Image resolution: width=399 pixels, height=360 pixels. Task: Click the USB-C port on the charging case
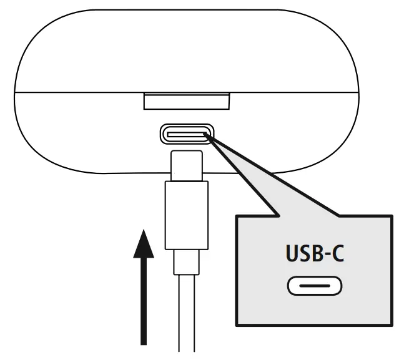187,134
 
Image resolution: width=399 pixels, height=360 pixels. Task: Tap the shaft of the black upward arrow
144,299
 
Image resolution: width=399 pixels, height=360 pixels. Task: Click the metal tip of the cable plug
187,163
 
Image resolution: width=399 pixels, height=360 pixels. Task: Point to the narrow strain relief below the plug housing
187,262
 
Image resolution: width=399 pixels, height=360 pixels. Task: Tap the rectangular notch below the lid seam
187,101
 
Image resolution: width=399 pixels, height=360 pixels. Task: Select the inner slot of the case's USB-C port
187,134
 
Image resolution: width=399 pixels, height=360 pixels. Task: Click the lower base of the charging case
81,137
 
